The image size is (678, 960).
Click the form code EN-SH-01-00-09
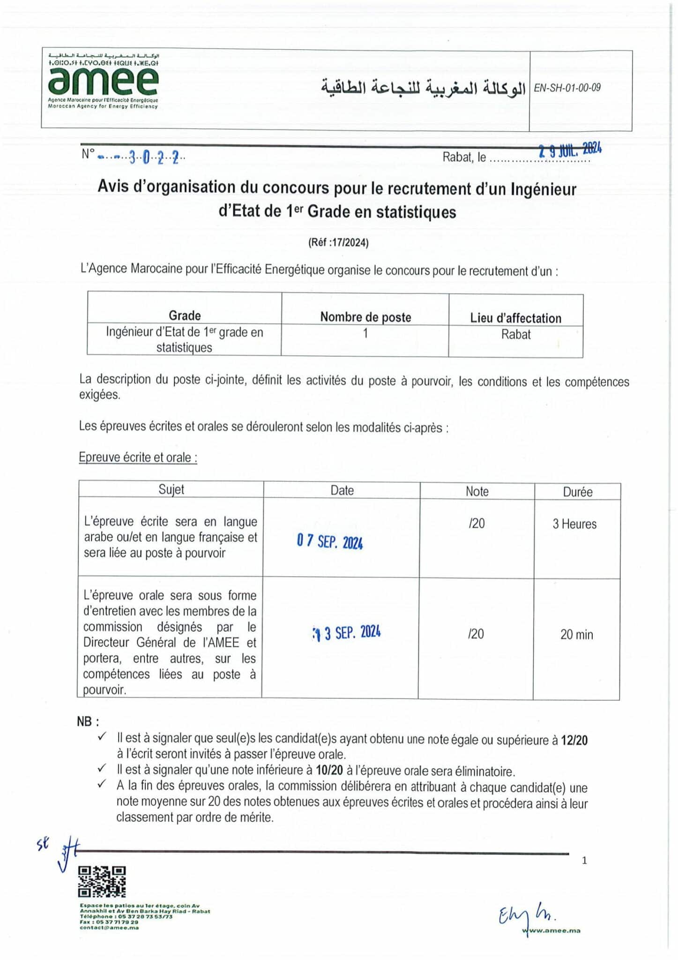[x=567, y=88]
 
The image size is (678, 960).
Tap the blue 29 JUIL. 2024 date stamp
[x=570, y=150]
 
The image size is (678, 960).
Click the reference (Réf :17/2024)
[x=338, y=242]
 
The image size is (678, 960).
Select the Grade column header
[x=185, y=315]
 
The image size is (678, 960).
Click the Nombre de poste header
[x=365, y=317]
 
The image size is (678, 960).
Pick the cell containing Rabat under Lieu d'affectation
[x=516, y=334]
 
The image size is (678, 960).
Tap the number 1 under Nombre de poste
[x=365, y=333]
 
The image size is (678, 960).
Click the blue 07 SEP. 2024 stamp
[x=330, y=541]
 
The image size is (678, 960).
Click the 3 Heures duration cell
[x=574, y=524]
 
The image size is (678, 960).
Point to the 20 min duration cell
[x=576, y=635]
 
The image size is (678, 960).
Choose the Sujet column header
[x=171, y=489]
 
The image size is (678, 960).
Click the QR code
[x=102, y=881]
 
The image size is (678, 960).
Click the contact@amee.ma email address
[x=109, y=927]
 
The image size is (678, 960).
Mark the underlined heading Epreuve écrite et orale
[x=138, y=457]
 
